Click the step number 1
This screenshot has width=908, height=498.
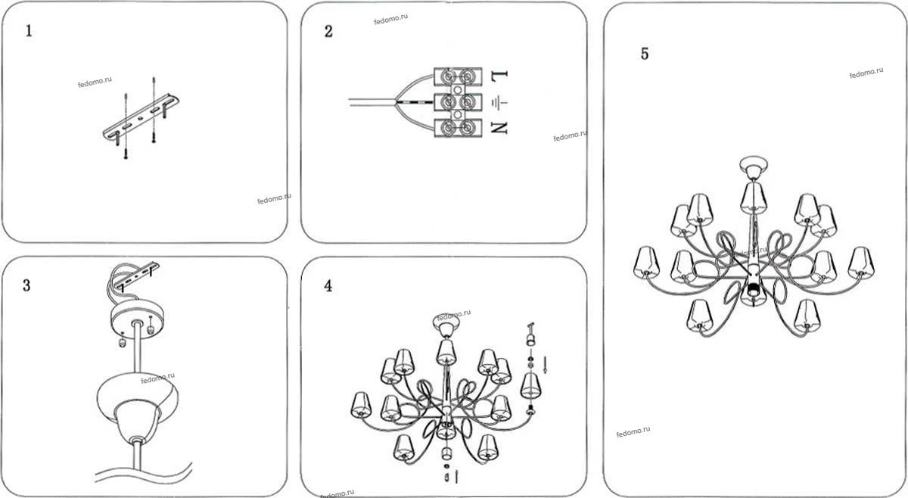(x=29, y=31)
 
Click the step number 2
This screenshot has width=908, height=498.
(x=328, y=31)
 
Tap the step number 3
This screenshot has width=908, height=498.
(x=26, y=285)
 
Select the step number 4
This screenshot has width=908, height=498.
(x=328, y=286)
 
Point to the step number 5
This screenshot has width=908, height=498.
(x=645, y=54)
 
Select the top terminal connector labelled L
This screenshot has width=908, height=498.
(x=458, y=76)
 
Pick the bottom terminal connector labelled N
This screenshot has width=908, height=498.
(x=458, y=128)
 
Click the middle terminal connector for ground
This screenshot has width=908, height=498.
(x=458, y=102)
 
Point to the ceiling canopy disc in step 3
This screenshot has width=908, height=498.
(x=138, y=320)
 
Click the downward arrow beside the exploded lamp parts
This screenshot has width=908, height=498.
(x=546, y=364)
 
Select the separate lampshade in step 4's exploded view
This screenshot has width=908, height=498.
(x=531, y=385)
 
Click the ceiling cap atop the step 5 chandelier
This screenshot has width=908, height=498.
(x=754, y=167)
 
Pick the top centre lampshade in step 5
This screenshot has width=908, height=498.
(x=753, y=197)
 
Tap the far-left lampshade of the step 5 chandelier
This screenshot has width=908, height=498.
(x=646, y=263)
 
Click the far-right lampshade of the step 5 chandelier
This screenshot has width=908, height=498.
(x=861, y=263)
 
